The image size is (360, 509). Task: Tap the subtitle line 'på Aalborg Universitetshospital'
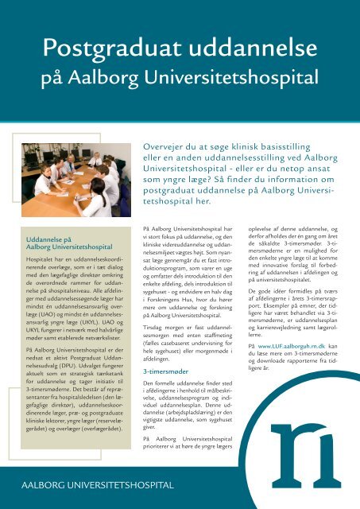click(x=180, y=77)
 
